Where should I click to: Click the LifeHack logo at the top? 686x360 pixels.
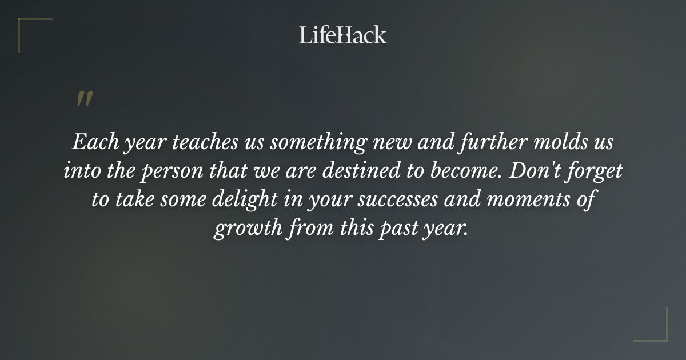(342, 35)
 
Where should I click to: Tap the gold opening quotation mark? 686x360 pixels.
(84, 99)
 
